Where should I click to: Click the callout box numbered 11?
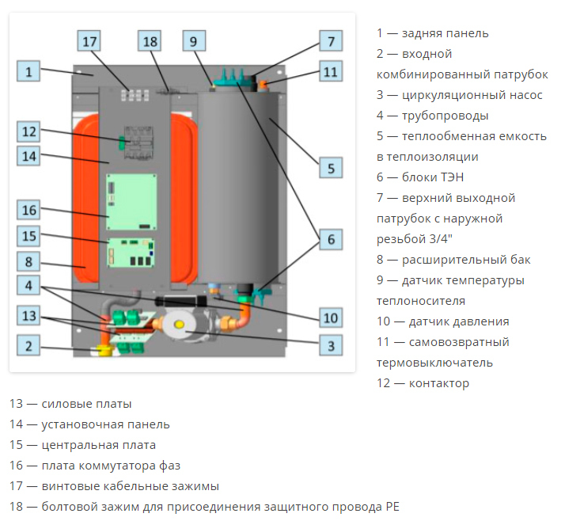click(x=331, y=71)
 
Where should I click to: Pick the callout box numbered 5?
click(x=331, y=167)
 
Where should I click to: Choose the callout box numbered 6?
click(x=331, y=238)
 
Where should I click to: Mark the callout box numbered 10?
click(x=331, y=318)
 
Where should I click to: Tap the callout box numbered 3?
click(x=331, y=344)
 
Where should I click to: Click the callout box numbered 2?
click(x=28, y=345)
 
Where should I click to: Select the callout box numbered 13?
click(x=28, y=316)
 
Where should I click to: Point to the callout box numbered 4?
click(x=28, y=284)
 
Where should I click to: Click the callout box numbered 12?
click(x=28, y=131)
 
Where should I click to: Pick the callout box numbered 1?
click(x=28, y=72)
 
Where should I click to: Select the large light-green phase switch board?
click(x=132, y=200)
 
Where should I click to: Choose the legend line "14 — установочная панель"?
click(x=89, y=424)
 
